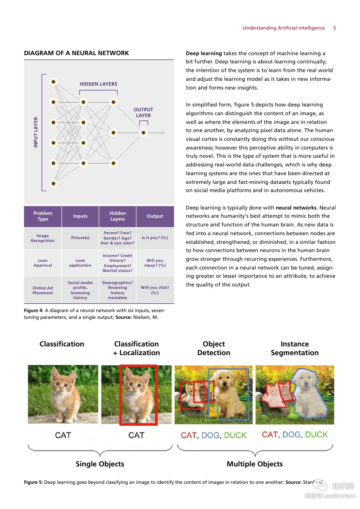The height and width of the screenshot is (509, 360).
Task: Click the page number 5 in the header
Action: point(334,28)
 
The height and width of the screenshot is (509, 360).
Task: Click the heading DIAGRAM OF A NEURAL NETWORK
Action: point(76,53)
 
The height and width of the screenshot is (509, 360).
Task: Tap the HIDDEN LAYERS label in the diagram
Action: point(99,84)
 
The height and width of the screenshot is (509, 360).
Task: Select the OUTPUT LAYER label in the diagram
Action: point(143,113)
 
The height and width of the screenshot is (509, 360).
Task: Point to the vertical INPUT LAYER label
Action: point(36,132)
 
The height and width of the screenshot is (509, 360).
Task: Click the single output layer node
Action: point(143,133)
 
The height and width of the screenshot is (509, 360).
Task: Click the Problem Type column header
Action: point(43,216)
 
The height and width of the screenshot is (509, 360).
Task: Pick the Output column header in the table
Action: point(155,216)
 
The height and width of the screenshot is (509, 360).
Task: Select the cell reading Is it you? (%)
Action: point(155,238)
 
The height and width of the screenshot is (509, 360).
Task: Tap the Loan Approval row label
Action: point(43,263)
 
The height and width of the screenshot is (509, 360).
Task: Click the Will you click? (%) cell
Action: point(155,290)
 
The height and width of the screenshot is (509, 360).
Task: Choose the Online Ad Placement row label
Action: point(43,290)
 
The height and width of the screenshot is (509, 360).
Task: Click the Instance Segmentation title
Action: point(295,348)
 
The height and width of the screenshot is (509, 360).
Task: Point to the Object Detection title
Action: point(214,348)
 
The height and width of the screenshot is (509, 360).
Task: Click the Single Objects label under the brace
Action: point(100,464)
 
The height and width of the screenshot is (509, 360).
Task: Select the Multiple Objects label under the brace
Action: point(255,464)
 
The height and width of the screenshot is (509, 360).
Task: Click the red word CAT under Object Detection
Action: point(188,435)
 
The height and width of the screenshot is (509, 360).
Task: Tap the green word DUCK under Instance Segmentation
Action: point(316,434)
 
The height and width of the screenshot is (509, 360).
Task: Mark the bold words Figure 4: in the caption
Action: point(33,310)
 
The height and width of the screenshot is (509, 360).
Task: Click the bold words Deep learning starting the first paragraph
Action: point(204,53)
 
